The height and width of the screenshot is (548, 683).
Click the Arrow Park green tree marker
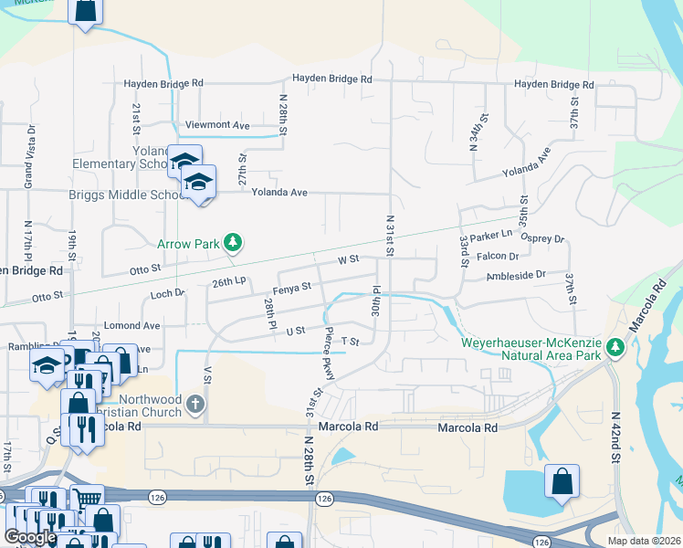point(235,242)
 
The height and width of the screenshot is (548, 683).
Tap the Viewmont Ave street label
point(217,125)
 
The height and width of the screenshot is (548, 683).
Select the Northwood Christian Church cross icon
point(194,404)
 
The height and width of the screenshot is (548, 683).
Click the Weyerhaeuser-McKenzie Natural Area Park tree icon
point(615,347)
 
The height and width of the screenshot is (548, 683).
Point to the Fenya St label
point(294,287)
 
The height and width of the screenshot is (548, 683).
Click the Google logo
point(30,537)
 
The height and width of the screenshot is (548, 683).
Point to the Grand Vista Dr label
point(30,163)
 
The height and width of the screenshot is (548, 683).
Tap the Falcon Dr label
point(498,257)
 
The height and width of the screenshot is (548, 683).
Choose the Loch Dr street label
point(168,294)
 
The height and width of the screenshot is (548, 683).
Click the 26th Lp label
point(228,283)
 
